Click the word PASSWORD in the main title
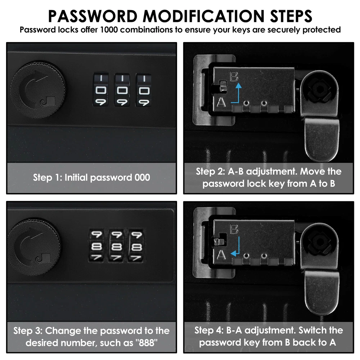[x=93, y=16]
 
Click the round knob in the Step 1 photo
[x=38, y=90]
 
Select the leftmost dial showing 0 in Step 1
[x=100, y=90]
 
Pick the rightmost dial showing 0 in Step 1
[x=144, y=90]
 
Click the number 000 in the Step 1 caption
[x=142, y=177]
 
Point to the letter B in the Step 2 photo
[x=234, y=77]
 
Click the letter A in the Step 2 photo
[x=221, y=102]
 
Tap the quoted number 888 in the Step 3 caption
[x=146, y=343]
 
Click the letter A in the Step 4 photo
[x=221, y=255]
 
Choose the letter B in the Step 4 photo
[x=234, y=229]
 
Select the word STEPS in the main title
[x=291, y=16]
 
